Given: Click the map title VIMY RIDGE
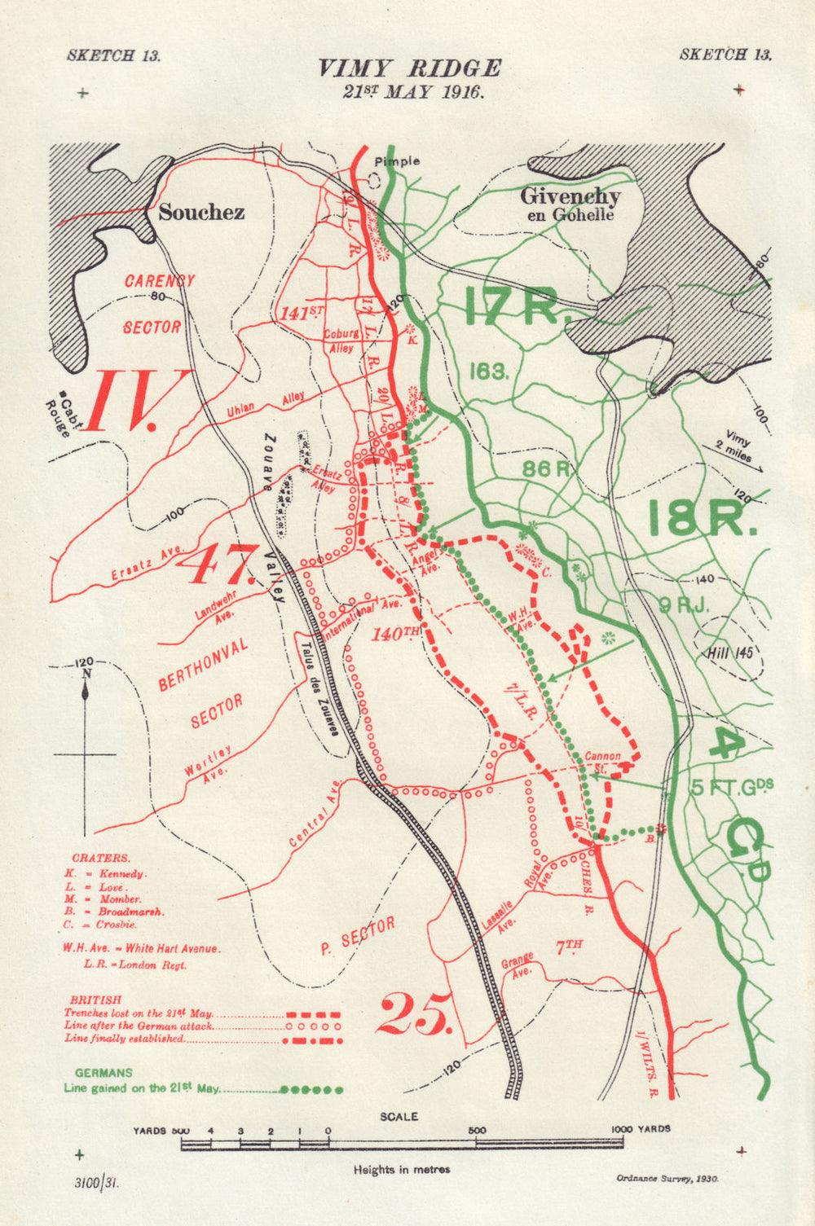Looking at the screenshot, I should pos(409,68).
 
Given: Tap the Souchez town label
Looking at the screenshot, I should pos(201,213).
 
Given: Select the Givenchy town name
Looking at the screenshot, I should pos(570,196).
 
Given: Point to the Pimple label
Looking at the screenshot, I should pos(397,161).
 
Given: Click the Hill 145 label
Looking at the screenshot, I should pos(731,653).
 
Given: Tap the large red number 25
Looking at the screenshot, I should pos(415,1013).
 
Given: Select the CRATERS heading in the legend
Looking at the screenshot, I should pos(100,858).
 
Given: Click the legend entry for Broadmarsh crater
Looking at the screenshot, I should pos(113,912).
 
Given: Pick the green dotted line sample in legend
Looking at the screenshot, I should pos(311,1089).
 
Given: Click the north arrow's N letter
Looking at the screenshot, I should pos(86,675).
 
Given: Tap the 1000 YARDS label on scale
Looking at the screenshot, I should pos(641,1129).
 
